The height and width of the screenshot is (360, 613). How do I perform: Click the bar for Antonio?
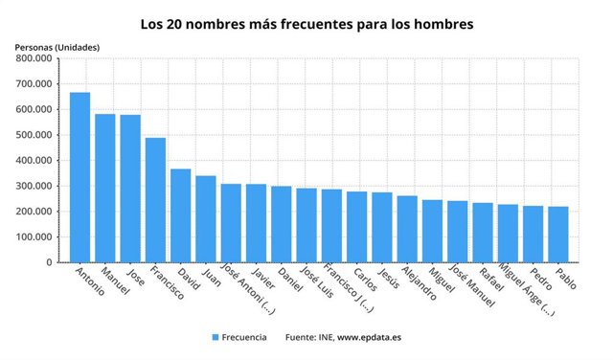pyautogui.click(x=80, y=177)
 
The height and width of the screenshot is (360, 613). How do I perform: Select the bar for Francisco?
pyautogui.click(x=155, y=200)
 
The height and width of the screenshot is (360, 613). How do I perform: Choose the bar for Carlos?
pyautogui.click(x=356, y=227)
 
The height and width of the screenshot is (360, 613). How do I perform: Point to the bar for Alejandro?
pyautogui.click(x=407, y=229)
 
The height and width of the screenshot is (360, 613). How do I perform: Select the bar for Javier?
pyautogui.click(x=256, y=223)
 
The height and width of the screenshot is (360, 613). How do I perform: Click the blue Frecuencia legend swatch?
pyautogui.click(x=216, y=338)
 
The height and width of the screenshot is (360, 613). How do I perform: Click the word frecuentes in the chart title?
pyautogui.click(x=328, y=20)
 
